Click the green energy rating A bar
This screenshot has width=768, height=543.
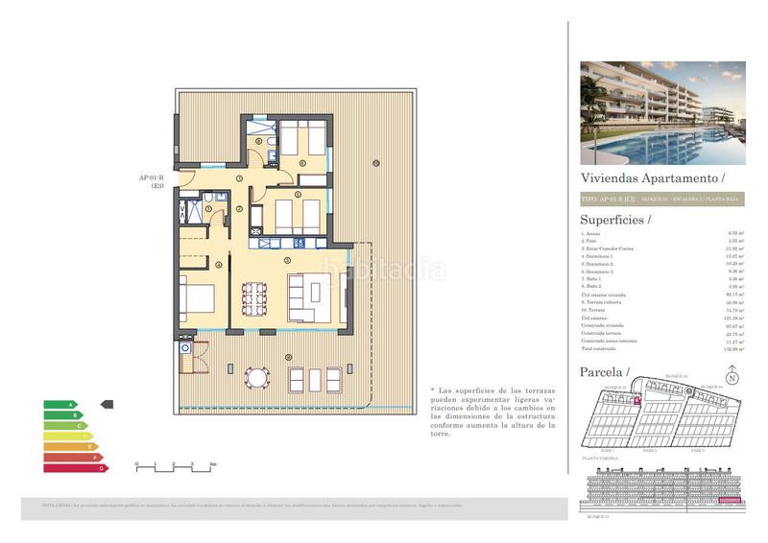tap(59, 404)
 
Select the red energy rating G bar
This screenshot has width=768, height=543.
tap(75, 467)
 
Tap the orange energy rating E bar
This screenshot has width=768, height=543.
tap(69, 446)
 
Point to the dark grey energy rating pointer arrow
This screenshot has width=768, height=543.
tap(107, 404)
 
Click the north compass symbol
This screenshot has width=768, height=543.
tap(732, 378)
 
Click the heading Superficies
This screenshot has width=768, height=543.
tap(615, 220)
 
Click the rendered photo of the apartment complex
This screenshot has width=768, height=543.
tap(662, 113)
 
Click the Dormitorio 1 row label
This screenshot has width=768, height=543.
tap(596, 256)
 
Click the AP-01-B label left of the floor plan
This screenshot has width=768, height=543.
tap(152, 177)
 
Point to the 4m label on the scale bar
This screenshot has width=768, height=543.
tap(213, 464)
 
